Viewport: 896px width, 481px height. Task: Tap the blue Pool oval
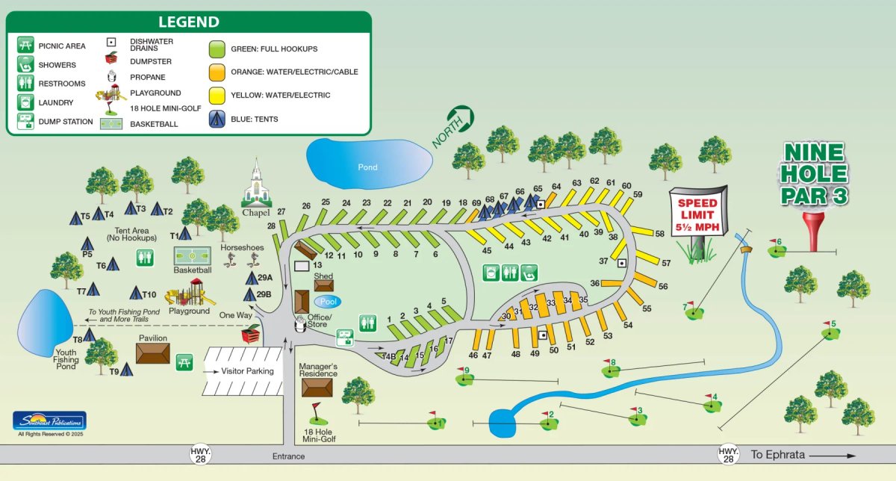point(327,302)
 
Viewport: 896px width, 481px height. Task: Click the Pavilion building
point(152,354)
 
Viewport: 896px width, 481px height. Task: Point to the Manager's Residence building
point(317,387)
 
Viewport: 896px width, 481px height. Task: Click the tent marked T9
point(127,369)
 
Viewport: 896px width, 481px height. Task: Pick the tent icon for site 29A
point(252,278)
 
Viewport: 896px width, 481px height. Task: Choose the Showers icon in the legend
point(25,64)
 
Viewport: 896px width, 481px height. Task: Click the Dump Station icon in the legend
point(25,121)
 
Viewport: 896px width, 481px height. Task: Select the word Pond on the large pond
point(367,167)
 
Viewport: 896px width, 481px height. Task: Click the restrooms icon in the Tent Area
point(146,257)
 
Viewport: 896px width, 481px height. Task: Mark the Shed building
point(323,284)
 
